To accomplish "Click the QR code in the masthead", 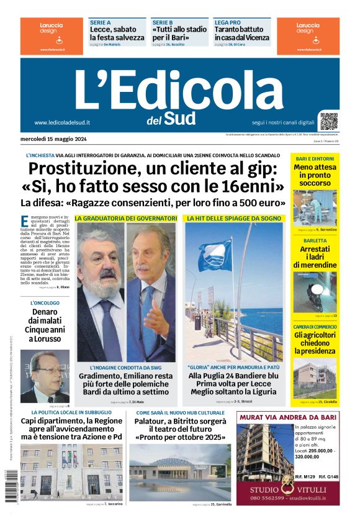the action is (329, 121).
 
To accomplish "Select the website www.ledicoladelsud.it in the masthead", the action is (62, 123).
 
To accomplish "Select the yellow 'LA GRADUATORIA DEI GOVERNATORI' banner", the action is (126, 219).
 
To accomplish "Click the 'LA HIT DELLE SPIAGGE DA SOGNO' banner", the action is (233, 219).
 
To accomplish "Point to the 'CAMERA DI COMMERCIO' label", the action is (315, 327).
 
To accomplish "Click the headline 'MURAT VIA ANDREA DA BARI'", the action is (287, 416).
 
